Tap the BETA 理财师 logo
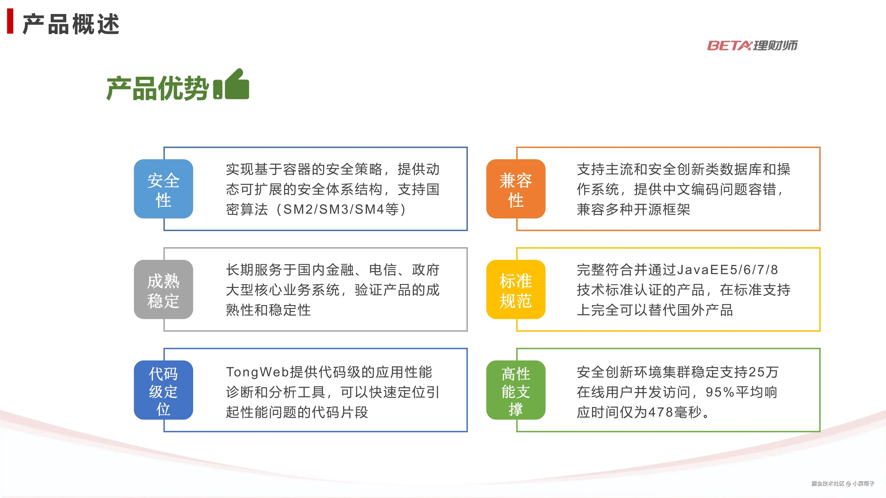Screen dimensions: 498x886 (x=752, y=45)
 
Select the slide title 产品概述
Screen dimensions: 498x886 (x=71, y=24)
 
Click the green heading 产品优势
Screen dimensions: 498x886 (x=157, y=88)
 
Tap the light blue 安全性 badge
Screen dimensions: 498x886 (x=163, y=189)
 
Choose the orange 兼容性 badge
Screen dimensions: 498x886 (x=516, y=189)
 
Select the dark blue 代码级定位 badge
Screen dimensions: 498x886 (x=163, y=390)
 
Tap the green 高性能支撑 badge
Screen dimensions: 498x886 (x=516, y=390)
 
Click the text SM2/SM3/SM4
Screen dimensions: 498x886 (x=333, y=209)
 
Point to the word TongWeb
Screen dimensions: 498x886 (x=257, y=372)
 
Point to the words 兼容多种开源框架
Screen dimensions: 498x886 (x=633, y=209)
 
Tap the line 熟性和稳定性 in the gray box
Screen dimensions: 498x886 (x=268, y=310)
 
